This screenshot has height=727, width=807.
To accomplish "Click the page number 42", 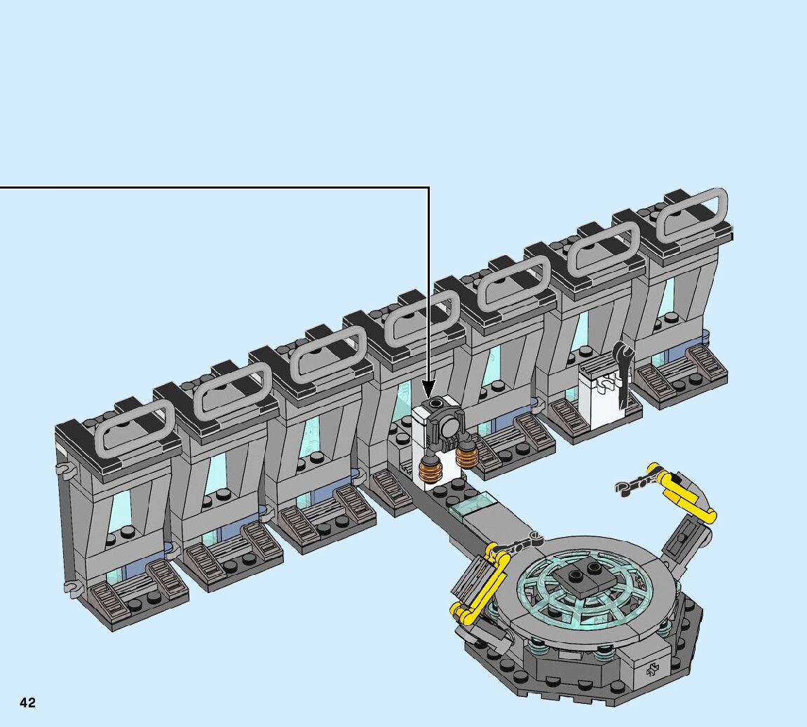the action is (x=28, y=703).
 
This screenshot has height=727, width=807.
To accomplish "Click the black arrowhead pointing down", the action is (x=428, y=388).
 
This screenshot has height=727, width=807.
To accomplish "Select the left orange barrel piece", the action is (x=429, y=469).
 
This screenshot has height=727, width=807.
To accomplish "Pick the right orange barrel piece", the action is (x=466, y=456).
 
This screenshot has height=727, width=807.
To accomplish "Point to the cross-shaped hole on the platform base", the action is (x=653, y=670).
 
